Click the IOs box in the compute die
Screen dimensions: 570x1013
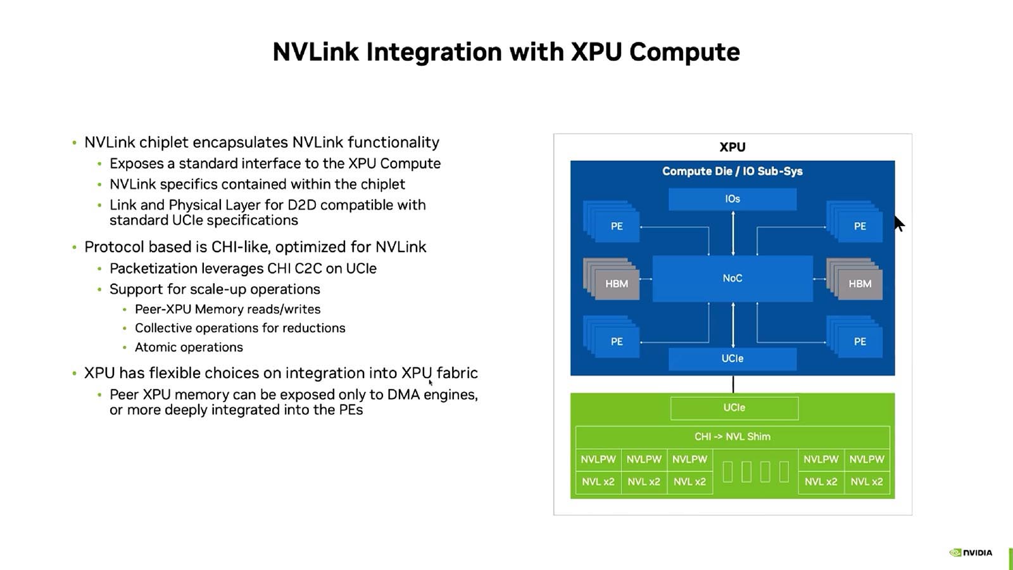point(733,199)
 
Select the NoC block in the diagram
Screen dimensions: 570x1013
point(733,278)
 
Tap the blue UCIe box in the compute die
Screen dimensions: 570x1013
point(733,358)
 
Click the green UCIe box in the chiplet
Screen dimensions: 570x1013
point(734,408)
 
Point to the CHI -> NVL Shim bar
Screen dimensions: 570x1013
point(733,436)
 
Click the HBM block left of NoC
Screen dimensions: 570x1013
point(616,283)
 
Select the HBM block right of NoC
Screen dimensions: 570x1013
point(859,283)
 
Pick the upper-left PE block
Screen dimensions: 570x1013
point(616,226)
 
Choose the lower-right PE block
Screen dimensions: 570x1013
point(859,341)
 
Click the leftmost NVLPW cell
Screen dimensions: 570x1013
point(598,459)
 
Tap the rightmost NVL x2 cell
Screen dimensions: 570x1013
point(867,482)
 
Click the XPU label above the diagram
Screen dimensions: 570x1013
point(733,147)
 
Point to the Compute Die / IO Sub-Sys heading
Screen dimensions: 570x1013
point(733,171)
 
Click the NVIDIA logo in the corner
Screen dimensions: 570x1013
point(971,552)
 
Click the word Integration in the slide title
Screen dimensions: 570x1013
point(434,52)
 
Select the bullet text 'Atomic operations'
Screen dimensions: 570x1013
point(189,347)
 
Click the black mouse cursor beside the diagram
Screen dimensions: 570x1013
point(899,223)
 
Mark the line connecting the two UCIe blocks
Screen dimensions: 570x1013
point(733,384)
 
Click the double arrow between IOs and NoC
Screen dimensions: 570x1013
point(733,233)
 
